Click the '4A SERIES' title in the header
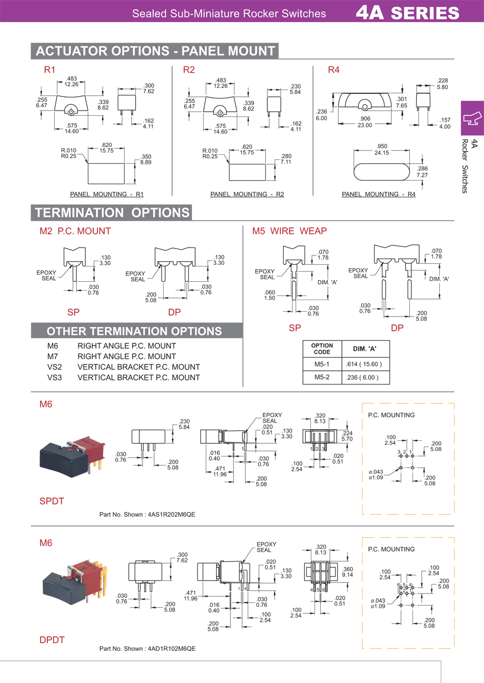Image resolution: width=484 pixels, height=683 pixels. pos(407,12)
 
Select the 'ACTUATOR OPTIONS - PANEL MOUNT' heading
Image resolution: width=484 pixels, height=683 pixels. pos(155,51)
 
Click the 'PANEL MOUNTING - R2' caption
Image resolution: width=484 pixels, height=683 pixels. pos(247,194)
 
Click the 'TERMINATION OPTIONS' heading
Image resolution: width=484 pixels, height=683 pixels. pos(112,213)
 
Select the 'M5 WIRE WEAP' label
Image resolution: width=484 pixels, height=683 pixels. pos(289,231)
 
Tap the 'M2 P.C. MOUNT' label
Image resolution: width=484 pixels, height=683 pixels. pos(75,231)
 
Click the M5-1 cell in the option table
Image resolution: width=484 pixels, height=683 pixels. pos(321,364)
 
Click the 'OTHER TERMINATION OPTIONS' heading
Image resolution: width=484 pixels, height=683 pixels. pos(134,331)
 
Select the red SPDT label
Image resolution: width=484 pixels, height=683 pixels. pos(52,501)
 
